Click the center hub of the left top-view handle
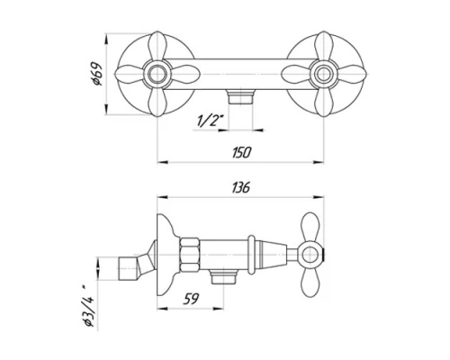[157, 74]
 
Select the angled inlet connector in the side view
[133, 268]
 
